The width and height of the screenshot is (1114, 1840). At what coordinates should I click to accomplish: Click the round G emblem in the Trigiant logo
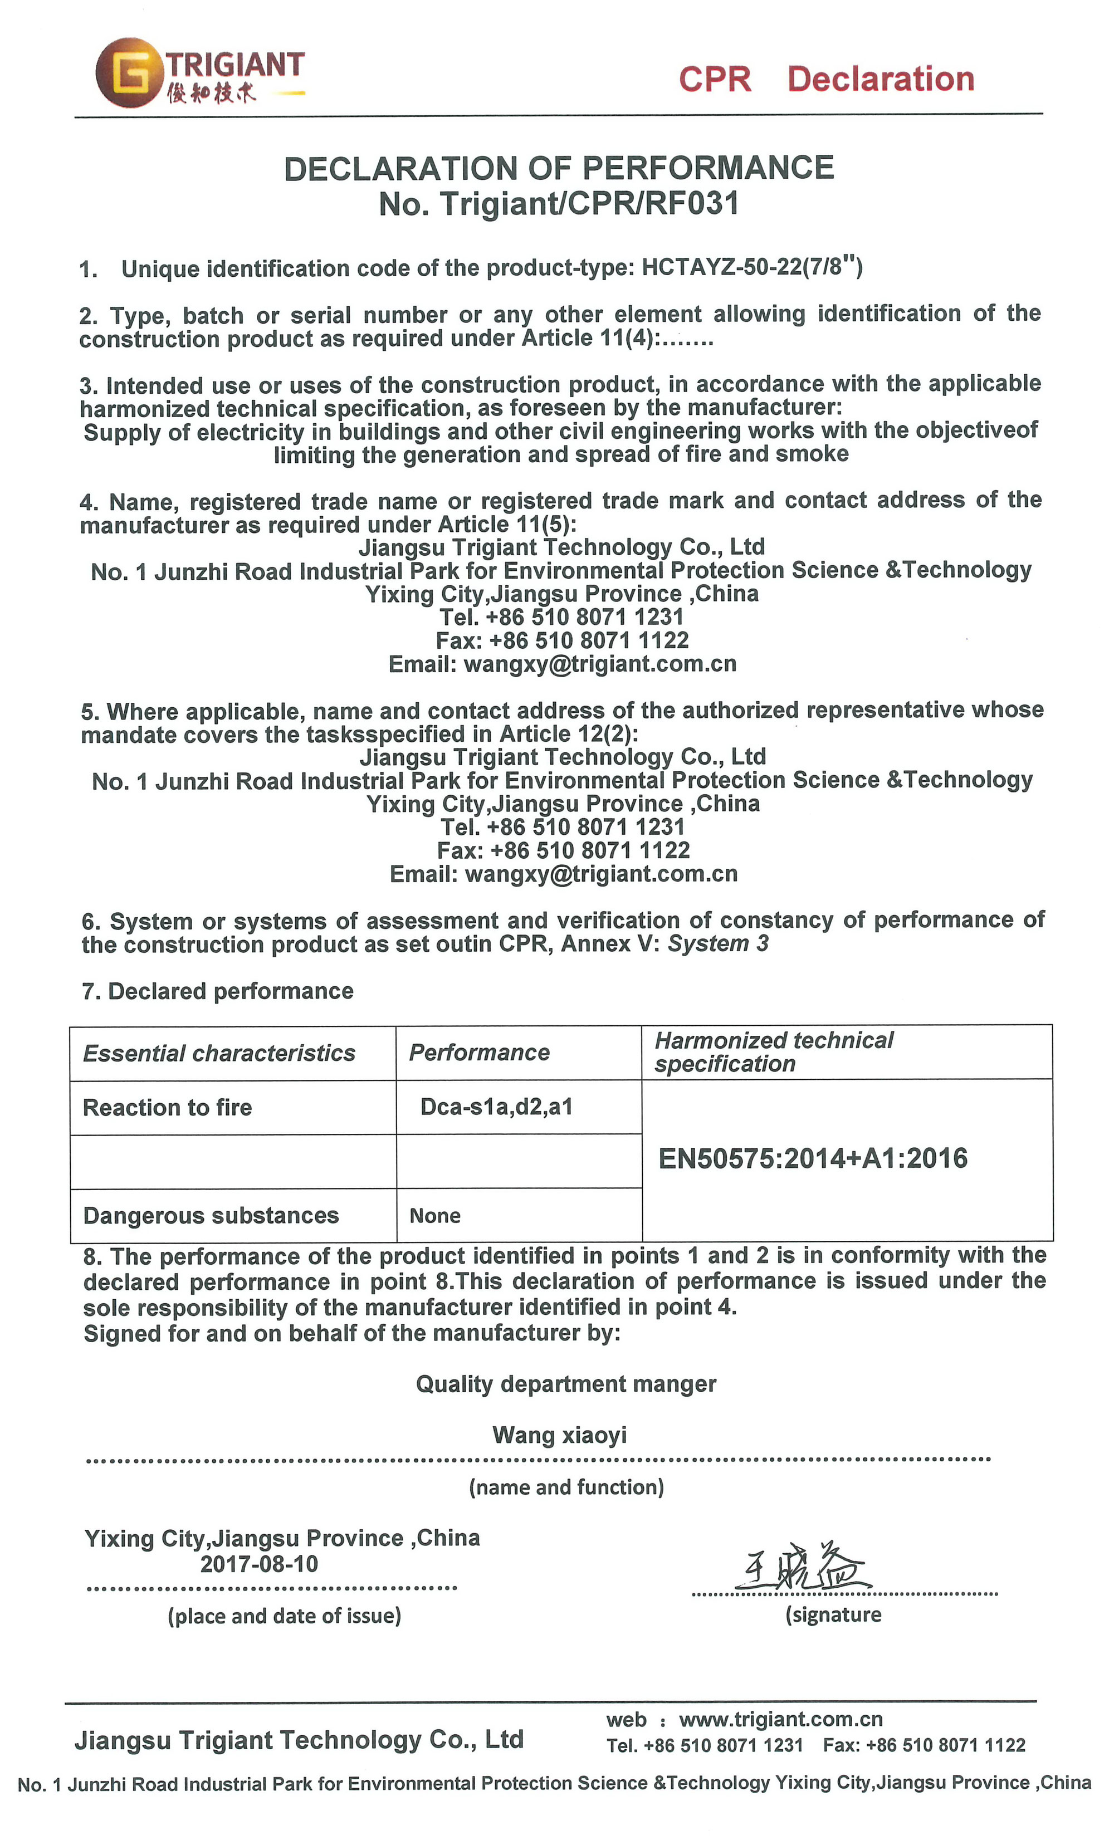(129, 72)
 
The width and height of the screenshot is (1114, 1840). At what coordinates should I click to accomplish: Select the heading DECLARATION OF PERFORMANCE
(559, 168)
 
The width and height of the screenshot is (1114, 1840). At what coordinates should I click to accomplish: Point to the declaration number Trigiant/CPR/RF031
(589, 204)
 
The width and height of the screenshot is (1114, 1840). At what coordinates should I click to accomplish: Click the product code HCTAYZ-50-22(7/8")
(752, 267)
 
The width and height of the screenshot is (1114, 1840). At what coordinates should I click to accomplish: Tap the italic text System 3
(717, 943)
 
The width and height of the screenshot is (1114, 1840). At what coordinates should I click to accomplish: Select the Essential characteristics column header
(219, 1053)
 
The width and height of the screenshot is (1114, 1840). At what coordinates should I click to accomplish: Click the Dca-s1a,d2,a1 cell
(496, 1106)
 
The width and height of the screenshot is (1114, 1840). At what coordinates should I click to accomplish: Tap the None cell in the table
(434, 1216)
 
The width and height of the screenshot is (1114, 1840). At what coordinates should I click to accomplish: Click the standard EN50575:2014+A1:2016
(812, 1158)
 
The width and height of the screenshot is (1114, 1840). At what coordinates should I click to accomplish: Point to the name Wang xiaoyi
(559, 1435)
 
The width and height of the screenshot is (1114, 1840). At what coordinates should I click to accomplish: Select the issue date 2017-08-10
(259, 1563)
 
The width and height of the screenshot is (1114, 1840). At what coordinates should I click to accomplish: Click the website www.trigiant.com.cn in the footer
(781, 1719)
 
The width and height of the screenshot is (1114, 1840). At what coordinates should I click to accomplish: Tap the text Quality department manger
(565, 1384)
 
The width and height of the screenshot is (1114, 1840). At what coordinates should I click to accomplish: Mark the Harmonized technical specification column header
(774, 1051)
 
